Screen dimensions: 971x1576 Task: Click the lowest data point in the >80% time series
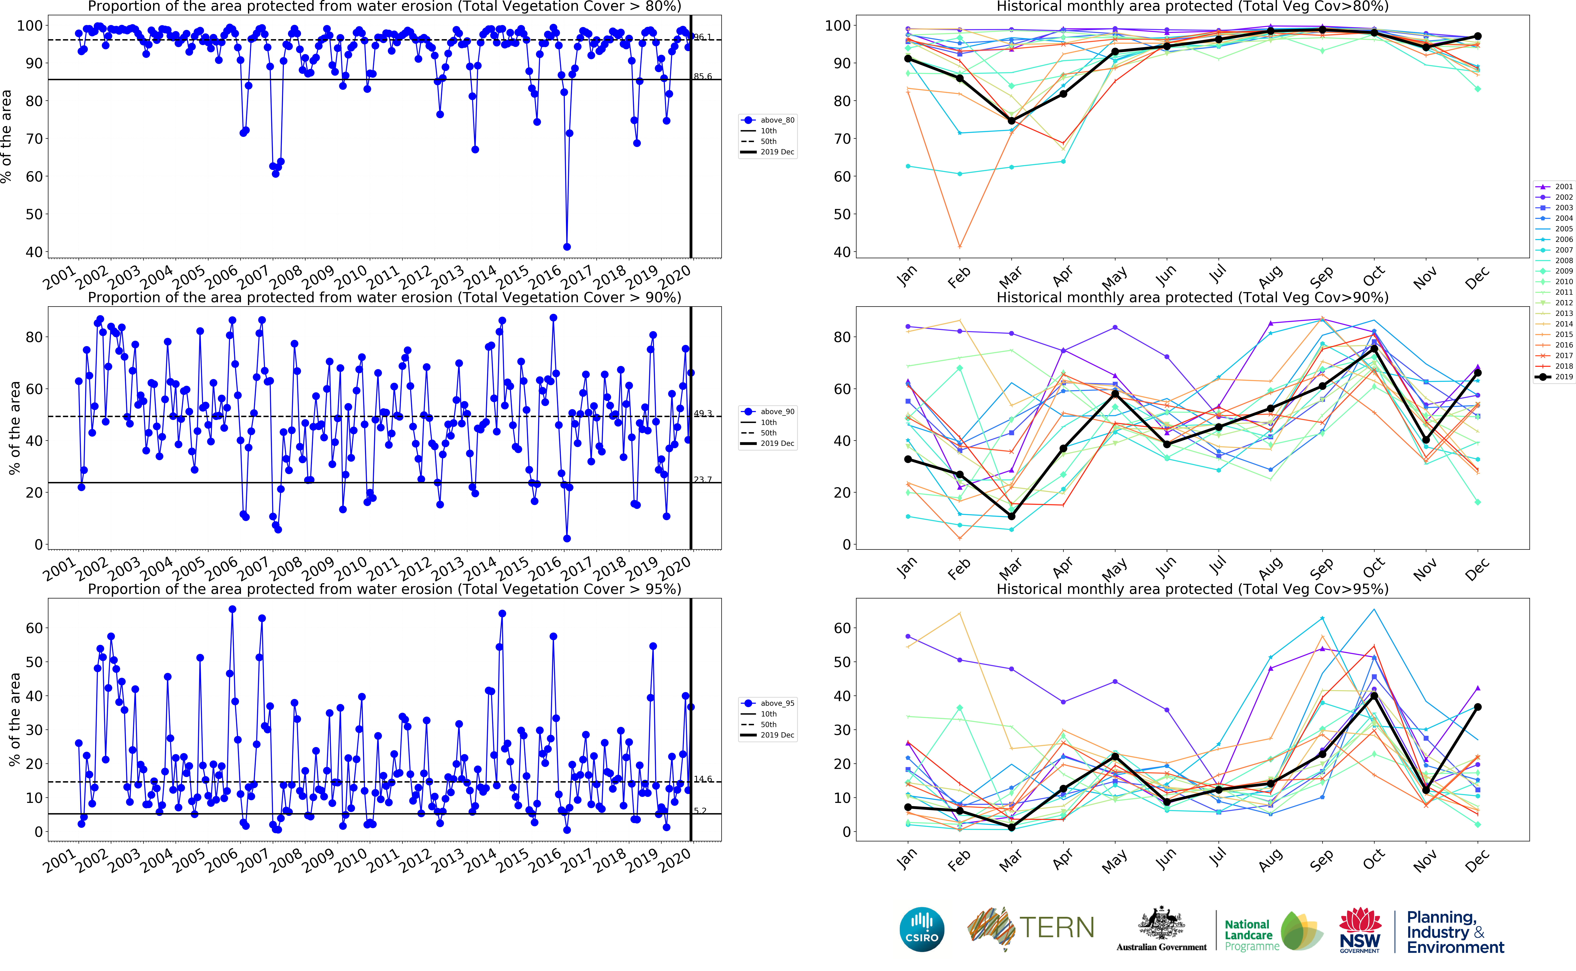pos(566,247)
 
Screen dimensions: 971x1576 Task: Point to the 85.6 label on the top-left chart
pos(703,76)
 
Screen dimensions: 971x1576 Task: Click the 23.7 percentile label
pos(703,480)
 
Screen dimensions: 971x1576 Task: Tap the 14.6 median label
pos(703,779)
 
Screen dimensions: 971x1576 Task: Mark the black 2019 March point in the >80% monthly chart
pos(1012,121)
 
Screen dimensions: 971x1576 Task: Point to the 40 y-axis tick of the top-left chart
pos(34,252)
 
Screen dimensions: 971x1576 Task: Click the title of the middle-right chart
pos(1192,297)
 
